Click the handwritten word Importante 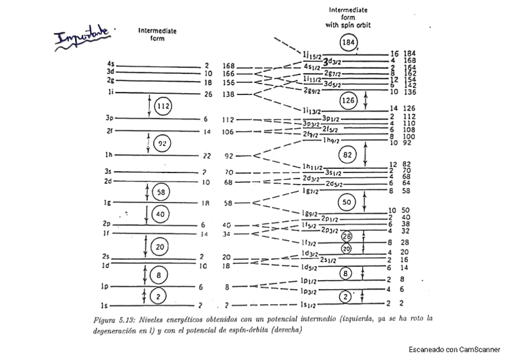pyautogui.click(x=82, y=35)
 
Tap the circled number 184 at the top pyautogui.click(x=348, y=43)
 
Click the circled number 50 pyautogui.click(x=348, y=202)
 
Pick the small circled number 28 pyautogui.click(x=346, y=236)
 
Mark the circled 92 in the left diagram pyautogui.click(x=161, y=143)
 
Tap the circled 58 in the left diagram pyautogui.click(x=160, y=192)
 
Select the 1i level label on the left pyautogui.click(x=111, y=93)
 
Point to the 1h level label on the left pyautogui.click(x=110, y=155)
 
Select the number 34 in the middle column pyautogui.click(x=227, y=234)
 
